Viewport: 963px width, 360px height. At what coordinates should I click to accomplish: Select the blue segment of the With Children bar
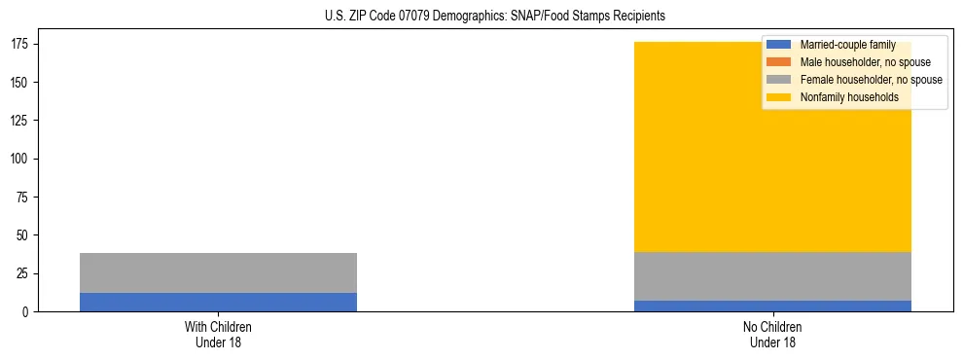point(218,302)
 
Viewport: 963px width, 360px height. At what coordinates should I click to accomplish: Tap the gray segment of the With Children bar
point(218,272)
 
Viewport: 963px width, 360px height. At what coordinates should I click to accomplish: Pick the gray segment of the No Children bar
point(772,276)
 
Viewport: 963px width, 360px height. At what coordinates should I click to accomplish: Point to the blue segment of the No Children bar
point(772,306)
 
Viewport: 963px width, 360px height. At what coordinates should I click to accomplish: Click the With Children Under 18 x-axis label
point(218,334)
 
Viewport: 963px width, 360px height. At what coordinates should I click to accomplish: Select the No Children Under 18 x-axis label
point(772,334)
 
